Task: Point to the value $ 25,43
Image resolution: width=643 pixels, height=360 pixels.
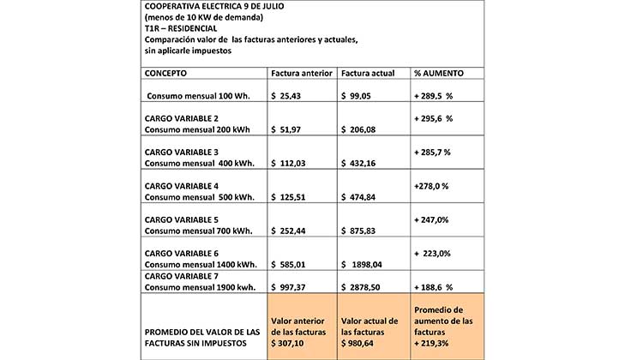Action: pos(291,96)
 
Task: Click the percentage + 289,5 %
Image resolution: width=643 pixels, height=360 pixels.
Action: pos(433,96)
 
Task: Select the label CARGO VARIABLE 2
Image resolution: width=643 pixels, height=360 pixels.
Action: pos(182,117)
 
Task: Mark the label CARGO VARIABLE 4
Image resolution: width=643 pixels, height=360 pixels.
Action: pos(182,185)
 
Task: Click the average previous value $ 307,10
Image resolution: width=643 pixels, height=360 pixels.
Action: pos(293,345)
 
